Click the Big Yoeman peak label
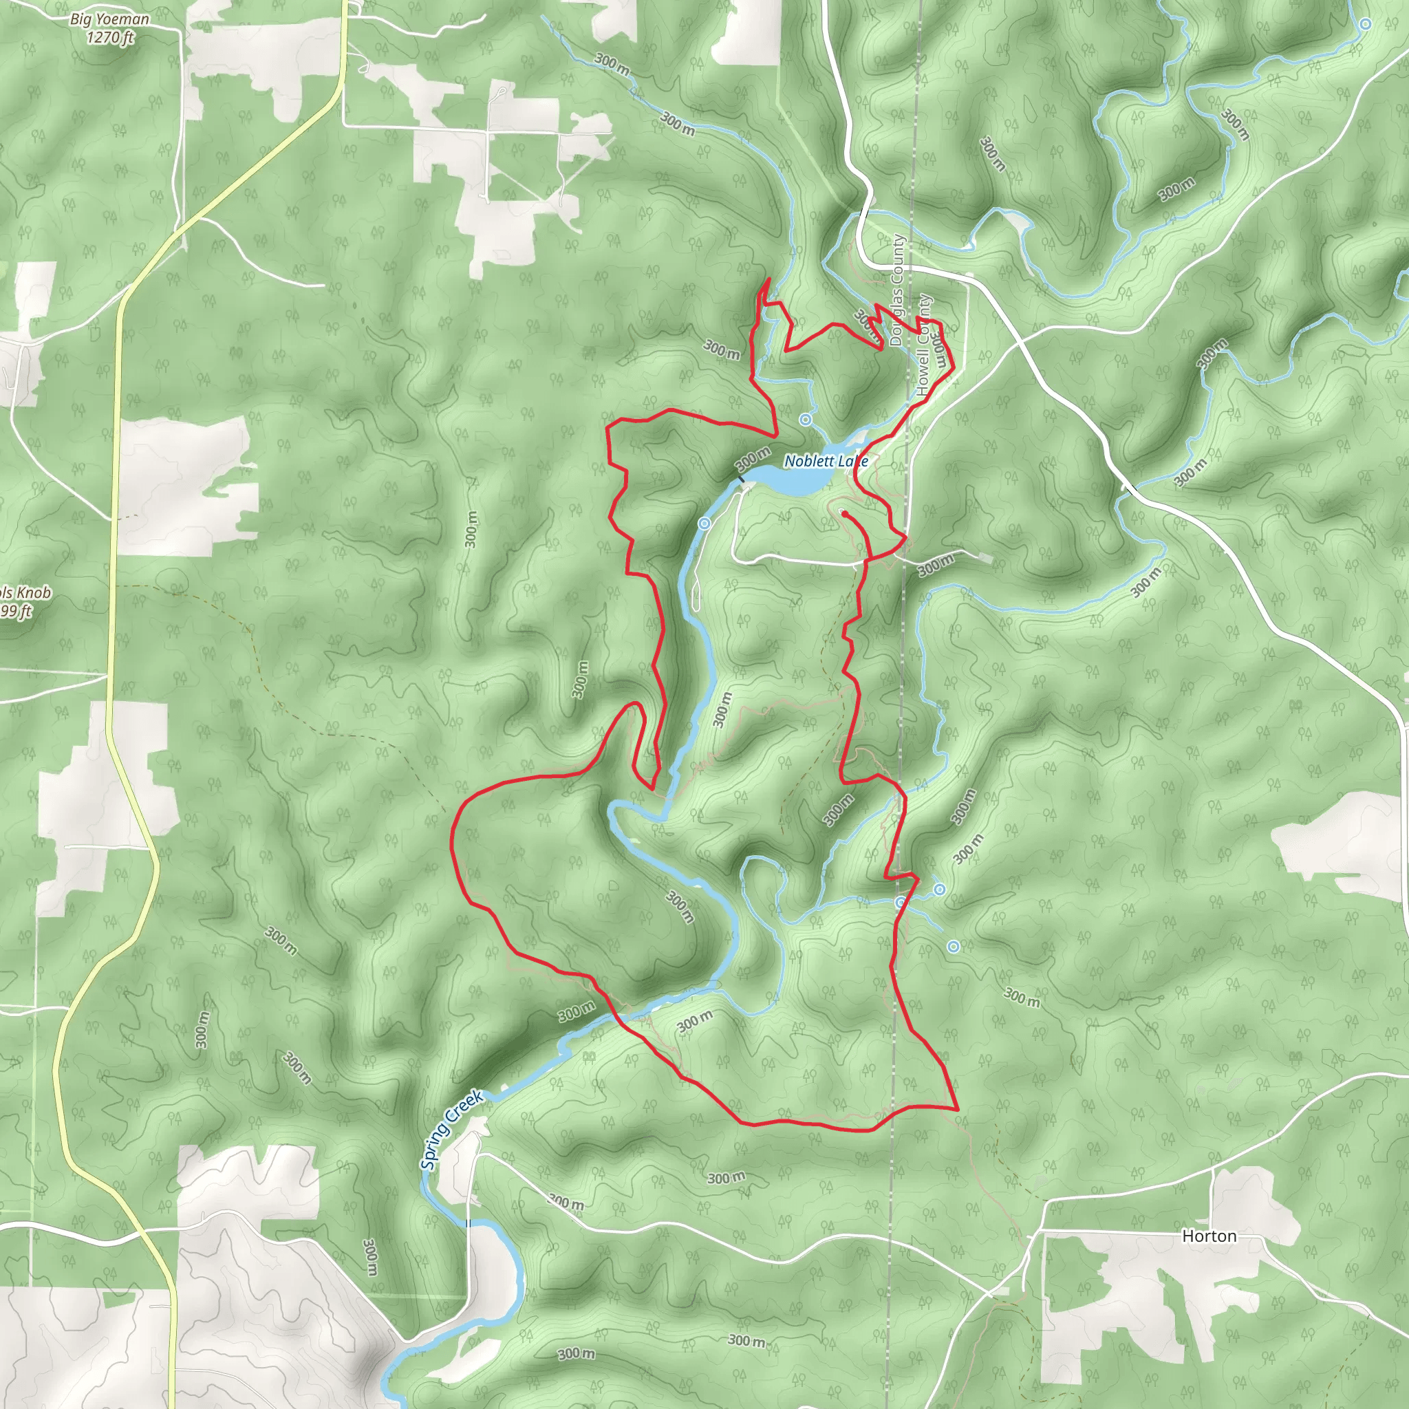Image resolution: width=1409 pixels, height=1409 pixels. click(109, 20)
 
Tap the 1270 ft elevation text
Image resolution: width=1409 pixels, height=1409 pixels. click(110, 37)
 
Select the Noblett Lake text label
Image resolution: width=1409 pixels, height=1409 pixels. click(826, 461)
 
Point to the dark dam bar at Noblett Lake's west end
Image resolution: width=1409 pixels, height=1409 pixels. click(740, 479)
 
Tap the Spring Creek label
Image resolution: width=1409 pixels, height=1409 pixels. click(451, 1129)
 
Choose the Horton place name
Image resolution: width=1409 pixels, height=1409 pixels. click(1209, 1236)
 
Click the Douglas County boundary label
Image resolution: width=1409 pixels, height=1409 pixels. click(896, 290)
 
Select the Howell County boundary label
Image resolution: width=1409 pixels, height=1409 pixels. click(924, 345)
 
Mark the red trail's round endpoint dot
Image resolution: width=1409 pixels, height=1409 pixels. click(843, 513)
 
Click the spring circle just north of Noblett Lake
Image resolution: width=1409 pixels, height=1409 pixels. click(805, 420)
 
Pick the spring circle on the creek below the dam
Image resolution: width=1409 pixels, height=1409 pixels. click(704, 524)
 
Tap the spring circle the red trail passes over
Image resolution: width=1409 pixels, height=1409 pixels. click(901, 903)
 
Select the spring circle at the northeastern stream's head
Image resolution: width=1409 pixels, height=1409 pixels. click(1365, 24)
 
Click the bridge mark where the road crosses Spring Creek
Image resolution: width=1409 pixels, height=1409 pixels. click(469, 1223)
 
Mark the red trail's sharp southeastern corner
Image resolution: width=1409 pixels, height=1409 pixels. click(957, 1108)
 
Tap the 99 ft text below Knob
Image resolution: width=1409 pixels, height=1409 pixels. click(16, 611)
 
